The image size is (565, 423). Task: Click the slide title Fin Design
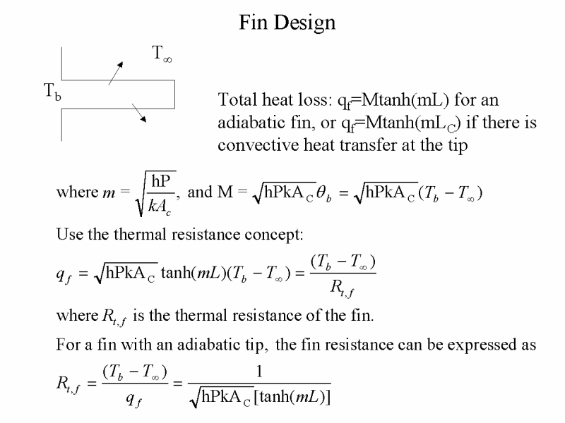[x=287, y=23]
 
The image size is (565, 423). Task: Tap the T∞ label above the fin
[x=162, y=54]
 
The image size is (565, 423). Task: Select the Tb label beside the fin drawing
[x=52, y=92]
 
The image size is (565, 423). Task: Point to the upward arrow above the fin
[x=116, y=73]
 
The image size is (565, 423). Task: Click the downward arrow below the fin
[x=139, y=113]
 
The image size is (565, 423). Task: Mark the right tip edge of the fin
[x=174, y=94]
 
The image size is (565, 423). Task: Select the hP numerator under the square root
[x=161, y=180]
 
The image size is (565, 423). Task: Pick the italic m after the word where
[x=109, y=193]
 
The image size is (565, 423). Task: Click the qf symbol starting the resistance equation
[x=64, y=276]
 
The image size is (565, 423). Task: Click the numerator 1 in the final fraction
[x=259, y=371]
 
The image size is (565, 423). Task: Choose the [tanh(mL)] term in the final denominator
[x=292, y=397]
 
